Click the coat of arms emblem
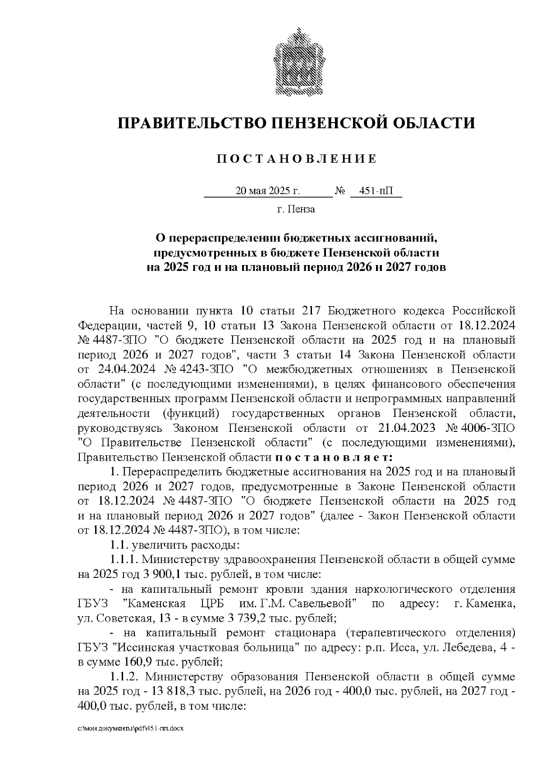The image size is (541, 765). click(x=297, y=62)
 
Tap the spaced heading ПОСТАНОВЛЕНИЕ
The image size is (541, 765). click(x=297, y=159)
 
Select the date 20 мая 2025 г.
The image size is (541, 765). click(x=267, y=191)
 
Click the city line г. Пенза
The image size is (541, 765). click(x=296, y=209)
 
